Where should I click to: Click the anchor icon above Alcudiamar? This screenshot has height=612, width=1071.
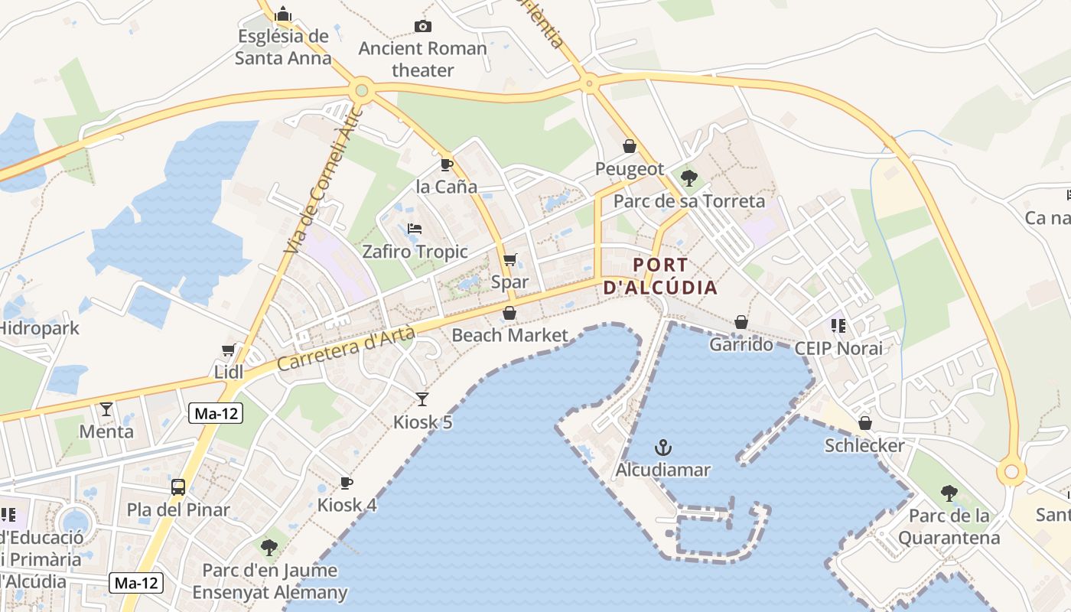pos(663,448)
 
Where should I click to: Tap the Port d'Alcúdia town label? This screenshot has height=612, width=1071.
pos(660,277)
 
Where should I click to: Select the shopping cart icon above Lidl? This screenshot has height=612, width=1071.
pos(228,350)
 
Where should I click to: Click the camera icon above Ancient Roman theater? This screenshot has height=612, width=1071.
pos(422,27)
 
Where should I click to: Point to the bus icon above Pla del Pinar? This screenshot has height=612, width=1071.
pos(178,487)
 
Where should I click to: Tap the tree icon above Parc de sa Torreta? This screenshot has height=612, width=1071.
pos(688,178)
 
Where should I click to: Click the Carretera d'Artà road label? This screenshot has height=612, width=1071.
pos(347,348)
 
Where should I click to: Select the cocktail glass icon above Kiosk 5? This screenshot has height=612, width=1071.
pos(422,399)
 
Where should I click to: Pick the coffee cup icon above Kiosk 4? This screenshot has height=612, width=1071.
pos(347,483)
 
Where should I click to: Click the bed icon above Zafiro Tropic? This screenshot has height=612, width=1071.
pos(415,229)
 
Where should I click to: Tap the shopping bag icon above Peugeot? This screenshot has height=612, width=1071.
pos(630,146)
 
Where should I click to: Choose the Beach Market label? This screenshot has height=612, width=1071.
pos(510,335)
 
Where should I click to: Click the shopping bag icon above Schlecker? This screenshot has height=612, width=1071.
pos(864,423)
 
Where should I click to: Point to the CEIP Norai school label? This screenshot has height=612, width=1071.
pos(838,348)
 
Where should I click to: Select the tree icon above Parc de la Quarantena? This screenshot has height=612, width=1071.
pos(949,493)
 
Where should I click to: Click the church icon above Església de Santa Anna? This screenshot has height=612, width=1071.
pos(283,14)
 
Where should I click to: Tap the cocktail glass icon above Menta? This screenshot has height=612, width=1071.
pos(106,409)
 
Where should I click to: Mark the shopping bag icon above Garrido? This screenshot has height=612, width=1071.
pos(741,322)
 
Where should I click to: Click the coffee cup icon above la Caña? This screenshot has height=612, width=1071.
pos(447,164)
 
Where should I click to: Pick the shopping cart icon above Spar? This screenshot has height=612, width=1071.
pos(510,259)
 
